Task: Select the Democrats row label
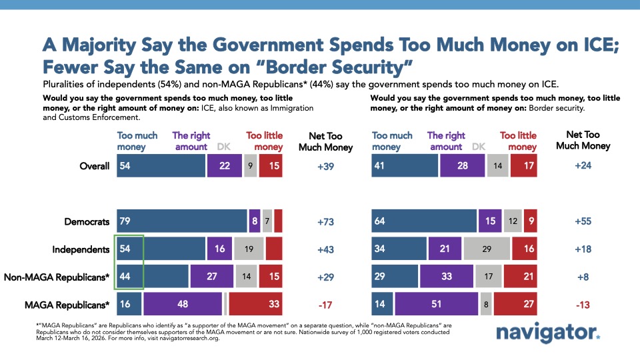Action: (x=87, y=222)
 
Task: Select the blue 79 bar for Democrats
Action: (x=181, y=222)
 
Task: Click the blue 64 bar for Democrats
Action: (x=423, y=222)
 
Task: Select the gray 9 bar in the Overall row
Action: (x=249, y=166)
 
